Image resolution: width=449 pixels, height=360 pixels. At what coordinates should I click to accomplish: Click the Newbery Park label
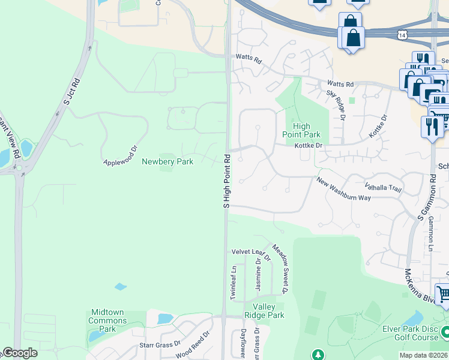167,161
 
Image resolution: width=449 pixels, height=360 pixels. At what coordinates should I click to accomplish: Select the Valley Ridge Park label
264,311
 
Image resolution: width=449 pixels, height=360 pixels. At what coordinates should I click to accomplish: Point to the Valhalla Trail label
384,188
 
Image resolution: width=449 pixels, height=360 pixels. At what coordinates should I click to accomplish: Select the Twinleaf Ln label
234,279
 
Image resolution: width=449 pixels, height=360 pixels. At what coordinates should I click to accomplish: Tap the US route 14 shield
401,36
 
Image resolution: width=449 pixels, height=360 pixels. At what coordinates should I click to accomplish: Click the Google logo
20,352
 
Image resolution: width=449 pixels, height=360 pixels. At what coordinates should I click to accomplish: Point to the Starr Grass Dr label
160,344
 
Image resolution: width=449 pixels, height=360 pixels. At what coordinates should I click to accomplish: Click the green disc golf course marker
445,331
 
